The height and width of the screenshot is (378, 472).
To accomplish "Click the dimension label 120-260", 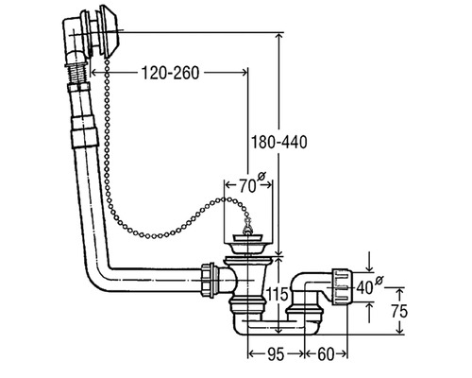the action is pos(170,73).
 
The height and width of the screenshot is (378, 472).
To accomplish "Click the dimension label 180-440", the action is pos(278,142).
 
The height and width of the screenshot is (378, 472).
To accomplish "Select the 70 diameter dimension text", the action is pos(247,186).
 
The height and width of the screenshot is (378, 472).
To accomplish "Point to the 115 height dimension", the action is pos(278,295).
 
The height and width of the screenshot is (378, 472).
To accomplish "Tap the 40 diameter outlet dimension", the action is pos(365,287).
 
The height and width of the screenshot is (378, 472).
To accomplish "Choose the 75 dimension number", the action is pos(399,311).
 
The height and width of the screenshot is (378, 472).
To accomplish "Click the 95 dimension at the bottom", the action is pos(276,354).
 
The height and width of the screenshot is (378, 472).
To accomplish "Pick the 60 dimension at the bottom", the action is pos(326,354).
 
